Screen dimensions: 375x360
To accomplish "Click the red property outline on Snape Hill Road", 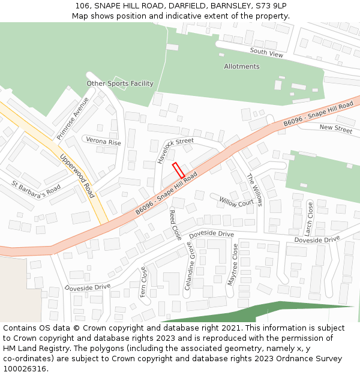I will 178,170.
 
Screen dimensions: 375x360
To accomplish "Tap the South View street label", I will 266,53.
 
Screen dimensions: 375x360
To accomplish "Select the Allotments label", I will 241,67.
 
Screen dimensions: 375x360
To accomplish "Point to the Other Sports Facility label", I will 120,83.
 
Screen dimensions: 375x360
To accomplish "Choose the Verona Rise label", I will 103,142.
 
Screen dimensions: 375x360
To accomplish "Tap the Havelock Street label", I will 175,150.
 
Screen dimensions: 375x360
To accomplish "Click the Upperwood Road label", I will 77,176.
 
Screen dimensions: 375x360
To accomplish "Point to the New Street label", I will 335,128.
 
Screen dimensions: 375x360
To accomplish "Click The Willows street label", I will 255,190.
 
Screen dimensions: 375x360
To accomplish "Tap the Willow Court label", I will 236,202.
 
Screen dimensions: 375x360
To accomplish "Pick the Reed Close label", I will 175,224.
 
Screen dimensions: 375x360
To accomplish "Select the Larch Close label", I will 308,218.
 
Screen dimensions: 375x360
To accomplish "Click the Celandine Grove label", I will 189,266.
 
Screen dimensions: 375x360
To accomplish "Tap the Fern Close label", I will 143,282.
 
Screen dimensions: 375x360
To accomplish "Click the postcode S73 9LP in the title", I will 271,6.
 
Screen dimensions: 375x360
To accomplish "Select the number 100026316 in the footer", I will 25,368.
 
